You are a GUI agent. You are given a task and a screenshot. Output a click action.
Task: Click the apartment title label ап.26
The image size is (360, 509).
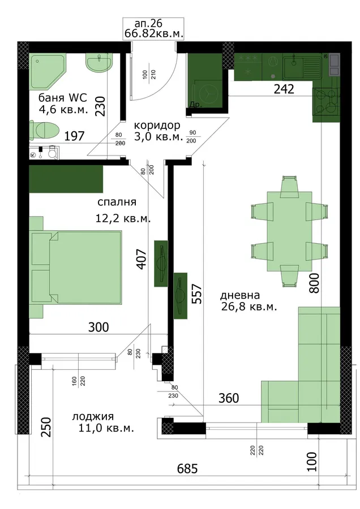(148, 24)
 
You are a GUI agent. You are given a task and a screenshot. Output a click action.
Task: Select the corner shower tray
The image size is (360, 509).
(48, 71)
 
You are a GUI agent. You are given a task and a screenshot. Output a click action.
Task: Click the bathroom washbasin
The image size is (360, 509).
(99, 62)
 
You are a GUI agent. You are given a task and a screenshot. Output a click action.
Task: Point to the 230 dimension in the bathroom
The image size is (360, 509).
(100, 106)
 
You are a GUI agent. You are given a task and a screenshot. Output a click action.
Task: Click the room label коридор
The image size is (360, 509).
(157, 125)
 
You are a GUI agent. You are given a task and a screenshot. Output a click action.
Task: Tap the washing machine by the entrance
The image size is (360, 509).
(206, 92)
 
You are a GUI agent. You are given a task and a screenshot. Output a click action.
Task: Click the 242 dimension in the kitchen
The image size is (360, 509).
(284, 89)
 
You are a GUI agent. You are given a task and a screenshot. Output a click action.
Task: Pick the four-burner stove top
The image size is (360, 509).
(326, 102)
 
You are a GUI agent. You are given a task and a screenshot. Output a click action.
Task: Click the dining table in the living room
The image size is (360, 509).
(289, 231)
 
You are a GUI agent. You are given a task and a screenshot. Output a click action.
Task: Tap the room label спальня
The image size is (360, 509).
(117, 202)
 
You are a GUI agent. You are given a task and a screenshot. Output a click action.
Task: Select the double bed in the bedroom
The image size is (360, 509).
(76, 267)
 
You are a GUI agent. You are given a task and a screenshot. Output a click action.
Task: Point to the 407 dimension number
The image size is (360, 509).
(142, 258)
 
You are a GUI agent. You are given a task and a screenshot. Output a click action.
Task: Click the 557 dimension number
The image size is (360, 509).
(197, 294)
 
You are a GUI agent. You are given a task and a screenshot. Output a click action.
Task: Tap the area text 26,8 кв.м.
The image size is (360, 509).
(249, 307)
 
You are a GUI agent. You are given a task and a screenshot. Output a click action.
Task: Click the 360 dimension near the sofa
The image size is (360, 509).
(229, 398)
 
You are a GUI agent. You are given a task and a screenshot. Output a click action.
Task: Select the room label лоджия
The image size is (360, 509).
(93, 416)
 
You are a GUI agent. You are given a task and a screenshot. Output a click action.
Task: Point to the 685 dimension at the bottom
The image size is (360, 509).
(187, 469)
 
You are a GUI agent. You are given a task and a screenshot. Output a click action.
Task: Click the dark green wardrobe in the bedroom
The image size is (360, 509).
(66, 179)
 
